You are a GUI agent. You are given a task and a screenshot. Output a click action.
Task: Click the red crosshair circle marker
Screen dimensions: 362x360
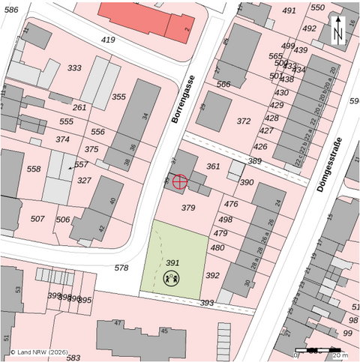point(180,181)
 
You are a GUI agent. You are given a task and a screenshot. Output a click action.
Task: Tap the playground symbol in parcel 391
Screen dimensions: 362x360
point(172,280)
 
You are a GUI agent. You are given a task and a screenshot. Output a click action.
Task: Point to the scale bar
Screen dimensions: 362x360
point(322,350)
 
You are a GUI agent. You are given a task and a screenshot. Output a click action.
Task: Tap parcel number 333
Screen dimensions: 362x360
point(74,68)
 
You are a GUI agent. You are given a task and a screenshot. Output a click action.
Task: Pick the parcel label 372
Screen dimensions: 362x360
point(244,121)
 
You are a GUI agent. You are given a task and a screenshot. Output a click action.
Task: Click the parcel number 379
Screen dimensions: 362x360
point(188,208)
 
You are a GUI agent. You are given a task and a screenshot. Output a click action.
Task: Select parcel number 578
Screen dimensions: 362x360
point(121,267)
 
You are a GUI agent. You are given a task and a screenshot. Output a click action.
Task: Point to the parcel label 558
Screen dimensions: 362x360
point(34,169)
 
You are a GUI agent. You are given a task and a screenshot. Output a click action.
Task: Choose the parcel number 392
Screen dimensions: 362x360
point(212,275)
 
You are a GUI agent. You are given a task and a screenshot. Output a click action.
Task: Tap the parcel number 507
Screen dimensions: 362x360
point(37,219)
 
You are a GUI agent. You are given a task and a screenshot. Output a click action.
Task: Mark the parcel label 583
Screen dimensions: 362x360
point(73,358)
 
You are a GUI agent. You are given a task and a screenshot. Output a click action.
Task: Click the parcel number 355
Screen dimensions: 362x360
point(119,97)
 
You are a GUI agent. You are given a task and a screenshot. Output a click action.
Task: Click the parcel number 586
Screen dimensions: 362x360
point(10,9)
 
